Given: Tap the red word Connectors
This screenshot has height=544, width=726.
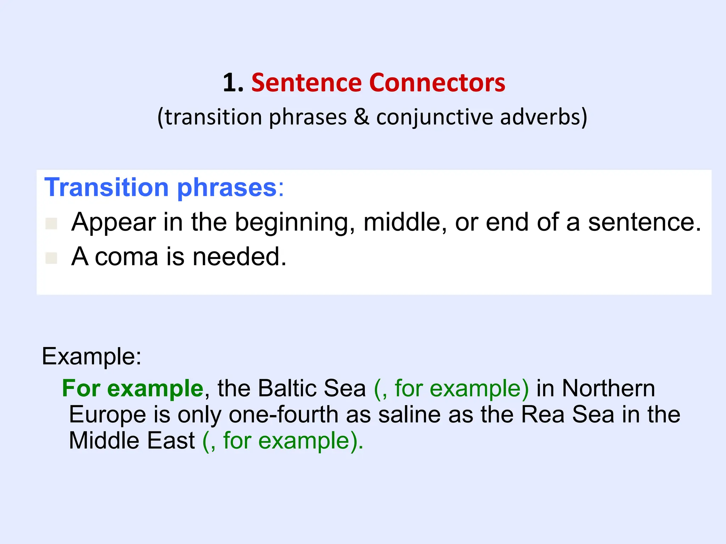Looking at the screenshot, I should [x=437, y=83].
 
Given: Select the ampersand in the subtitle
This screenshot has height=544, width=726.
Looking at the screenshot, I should [x=361, y=117].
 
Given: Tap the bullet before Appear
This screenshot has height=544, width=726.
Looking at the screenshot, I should [x=51, y=223].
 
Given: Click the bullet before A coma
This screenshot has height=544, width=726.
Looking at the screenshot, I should [x=51, y=258].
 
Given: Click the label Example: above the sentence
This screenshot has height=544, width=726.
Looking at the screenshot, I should [x=91, y=356].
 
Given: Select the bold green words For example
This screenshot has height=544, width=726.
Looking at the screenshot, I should [x=133, y=388].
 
